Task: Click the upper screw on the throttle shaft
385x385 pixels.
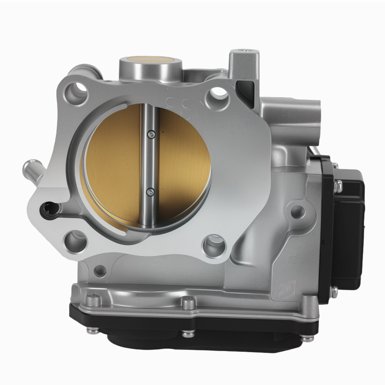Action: (x=151, y=134)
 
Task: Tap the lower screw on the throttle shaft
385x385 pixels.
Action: (x=151, y=191)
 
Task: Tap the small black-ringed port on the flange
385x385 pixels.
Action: (x=51, y=209)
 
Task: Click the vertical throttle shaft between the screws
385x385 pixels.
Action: (x=150, y=162)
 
